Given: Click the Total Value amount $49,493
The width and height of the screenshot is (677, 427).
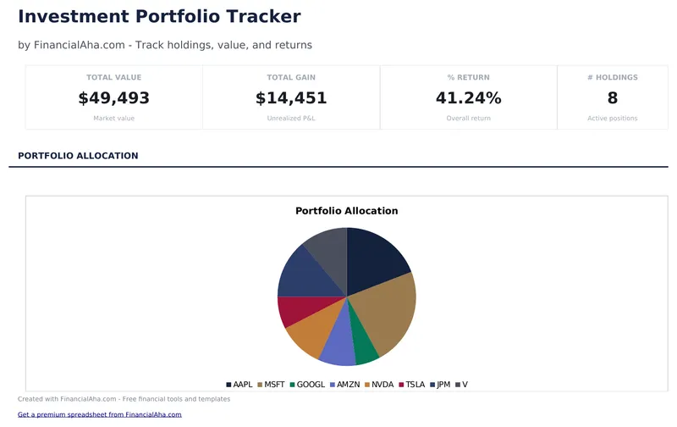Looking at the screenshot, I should point(113,98).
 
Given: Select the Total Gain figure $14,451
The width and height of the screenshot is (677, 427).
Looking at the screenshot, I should point(291,98).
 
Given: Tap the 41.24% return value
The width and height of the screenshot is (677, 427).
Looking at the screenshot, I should point(468,98).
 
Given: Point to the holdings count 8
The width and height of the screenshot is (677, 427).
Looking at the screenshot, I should point(612,98).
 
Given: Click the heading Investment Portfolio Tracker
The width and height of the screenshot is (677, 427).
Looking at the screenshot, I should point(159,16).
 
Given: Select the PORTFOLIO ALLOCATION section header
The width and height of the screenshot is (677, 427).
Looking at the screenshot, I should point(78,156).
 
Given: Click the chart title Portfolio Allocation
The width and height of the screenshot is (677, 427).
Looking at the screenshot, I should point(346,211).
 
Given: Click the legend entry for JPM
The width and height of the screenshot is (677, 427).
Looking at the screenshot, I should point(440,385).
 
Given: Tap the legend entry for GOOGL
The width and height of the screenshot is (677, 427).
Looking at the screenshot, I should point(307,385).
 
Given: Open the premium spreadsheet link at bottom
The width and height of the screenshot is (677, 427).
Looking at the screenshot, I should point(100,414).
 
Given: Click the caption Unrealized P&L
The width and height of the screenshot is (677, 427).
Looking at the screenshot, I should point(291,119).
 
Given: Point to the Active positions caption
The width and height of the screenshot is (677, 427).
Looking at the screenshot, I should point(612,119).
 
